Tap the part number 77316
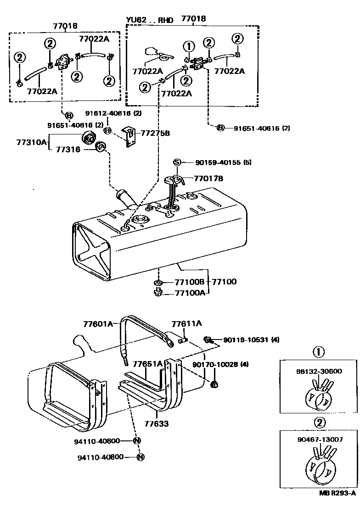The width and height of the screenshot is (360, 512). coord(68,149)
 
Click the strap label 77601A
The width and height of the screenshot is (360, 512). coord(98,324)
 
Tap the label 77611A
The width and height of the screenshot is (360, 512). coord(186,323)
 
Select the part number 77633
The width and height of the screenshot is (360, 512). coord(156,424)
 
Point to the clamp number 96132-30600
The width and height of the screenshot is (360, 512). coord(319,371)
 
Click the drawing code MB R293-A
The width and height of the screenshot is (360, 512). coord(337,506)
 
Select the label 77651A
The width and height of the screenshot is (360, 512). coord(148,364)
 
